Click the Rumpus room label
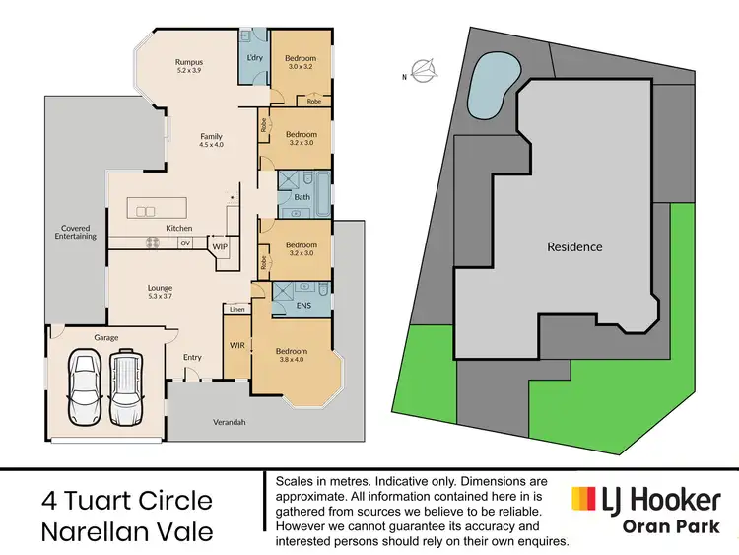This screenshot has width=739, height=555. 189,61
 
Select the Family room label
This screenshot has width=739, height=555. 211,137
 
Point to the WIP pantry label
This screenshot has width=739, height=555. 220,246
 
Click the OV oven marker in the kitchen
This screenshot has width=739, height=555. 184,242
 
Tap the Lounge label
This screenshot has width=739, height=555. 160,288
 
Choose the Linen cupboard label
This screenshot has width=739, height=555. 236,310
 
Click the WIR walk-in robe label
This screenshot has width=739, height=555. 236,345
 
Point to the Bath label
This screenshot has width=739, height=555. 302,197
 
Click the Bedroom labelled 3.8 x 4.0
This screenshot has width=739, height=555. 292,351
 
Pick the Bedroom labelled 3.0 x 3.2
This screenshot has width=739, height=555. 301,53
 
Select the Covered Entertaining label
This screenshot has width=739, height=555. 75,233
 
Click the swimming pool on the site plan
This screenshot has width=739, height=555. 492,85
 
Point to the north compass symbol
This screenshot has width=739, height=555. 423,71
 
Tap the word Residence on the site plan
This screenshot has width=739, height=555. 574,246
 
